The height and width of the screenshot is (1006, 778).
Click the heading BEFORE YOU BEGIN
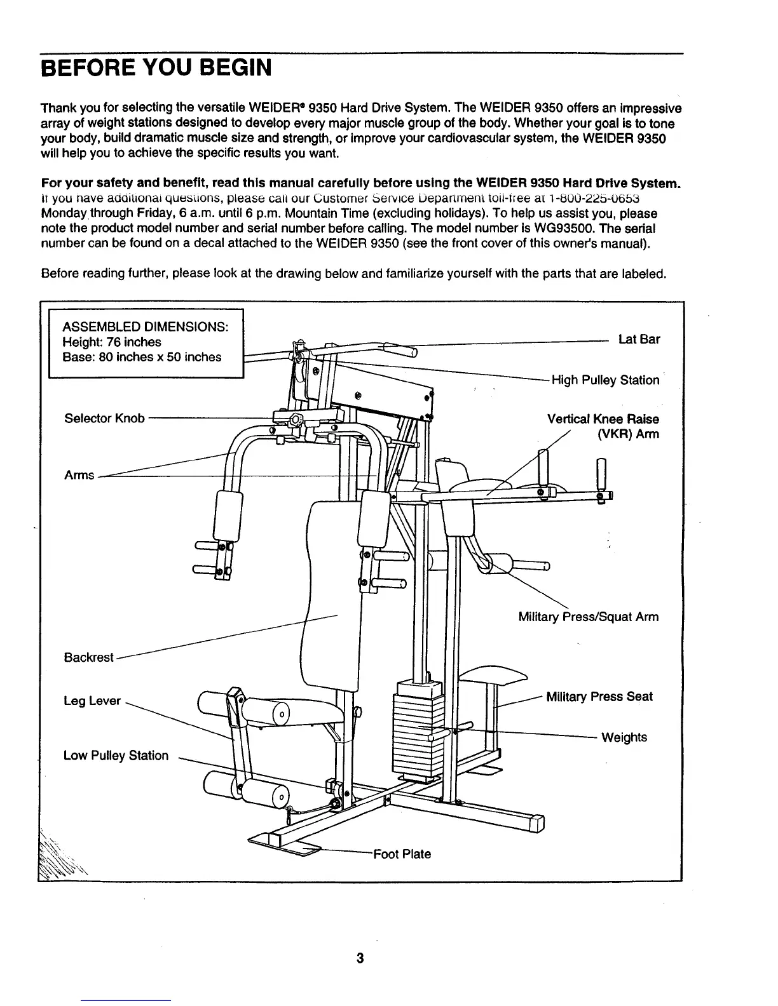[156, 67]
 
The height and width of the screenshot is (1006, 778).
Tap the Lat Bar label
[639, 339]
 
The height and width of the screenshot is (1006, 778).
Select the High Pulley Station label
[605, 380]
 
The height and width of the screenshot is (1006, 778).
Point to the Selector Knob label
[104, 419]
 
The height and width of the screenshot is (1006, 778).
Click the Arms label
[79, 475]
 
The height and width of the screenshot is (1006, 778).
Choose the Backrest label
[88, 657]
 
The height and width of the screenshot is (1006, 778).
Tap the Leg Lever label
[92, 701]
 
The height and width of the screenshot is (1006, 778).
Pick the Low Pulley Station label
[116, 756]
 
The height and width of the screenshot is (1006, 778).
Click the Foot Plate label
[402, 854]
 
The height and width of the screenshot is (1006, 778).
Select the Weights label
[624, 737]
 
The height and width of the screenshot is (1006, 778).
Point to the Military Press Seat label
[599, 697]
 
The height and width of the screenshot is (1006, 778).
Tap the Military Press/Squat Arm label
[589, 617]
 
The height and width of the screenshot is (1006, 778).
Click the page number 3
[360, 959]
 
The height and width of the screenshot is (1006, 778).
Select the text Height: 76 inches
[112, 342]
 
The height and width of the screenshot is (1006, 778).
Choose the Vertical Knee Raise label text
[603, 419]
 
